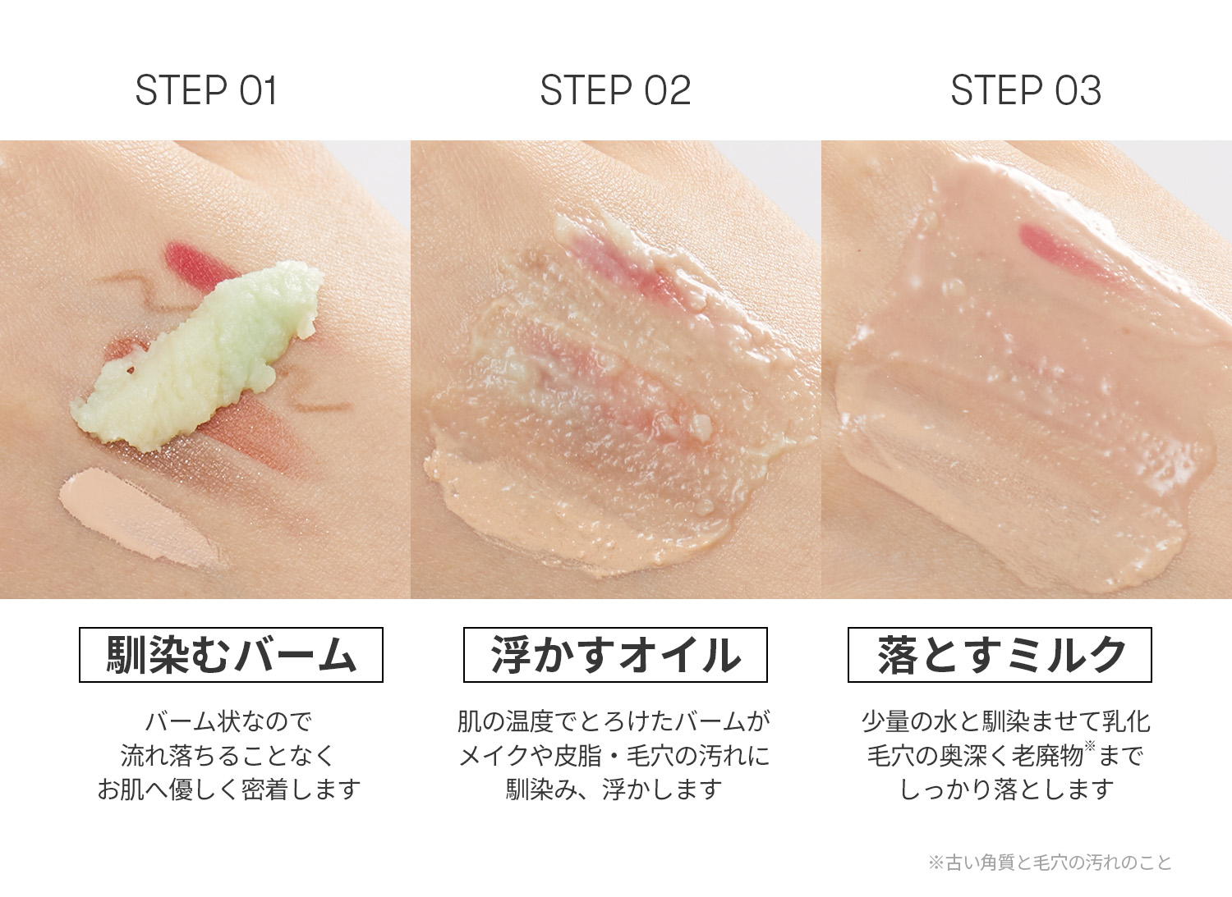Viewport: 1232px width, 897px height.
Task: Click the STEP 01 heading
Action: (206, 90)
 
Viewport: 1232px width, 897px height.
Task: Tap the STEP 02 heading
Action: (615, 90)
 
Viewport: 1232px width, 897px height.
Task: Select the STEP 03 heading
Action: (1027, 90)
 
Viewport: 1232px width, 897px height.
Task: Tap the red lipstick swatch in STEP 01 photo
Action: (200, 263)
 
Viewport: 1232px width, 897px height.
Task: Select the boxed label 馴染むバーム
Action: (231, 655)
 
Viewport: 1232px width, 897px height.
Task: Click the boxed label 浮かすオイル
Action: (615, 655)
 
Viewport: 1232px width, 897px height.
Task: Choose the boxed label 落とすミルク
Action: (1000, 655)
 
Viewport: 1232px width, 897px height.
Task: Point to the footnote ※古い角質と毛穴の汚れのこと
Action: (1050, 863)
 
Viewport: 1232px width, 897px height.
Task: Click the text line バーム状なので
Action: (229, 721)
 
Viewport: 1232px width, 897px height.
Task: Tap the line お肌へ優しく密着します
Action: (229, 789)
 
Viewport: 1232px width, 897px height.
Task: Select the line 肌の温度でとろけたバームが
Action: (614, 721)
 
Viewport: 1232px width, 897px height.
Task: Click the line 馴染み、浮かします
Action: (614, 789)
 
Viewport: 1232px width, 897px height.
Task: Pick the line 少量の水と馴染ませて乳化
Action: (1006, 721)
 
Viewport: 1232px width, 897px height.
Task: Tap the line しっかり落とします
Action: (1006, 789)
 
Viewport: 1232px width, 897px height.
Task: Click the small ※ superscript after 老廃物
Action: (1090, 746)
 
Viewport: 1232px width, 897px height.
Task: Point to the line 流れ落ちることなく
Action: (228, 756)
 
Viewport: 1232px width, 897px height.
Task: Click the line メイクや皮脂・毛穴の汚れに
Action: (614, 756)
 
